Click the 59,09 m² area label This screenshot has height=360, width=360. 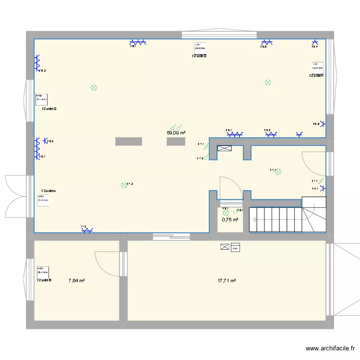(x=176, y=133)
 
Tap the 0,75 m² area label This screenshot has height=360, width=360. (x=230, y=220)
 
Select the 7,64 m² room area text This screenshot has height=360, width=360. (x=76, y=281)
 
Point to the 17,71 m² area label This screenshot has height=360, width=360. (x=226, y=281)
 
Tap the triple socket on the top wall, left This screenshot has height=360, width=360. (x=139, y=42)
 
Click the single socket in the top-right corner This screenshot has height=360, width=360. (x=315, y=42)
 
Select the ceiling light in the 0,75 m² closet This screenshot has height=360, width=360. (x=225, y=212)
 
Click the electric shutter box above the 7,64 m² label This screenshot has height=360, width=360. (x=43, y=271)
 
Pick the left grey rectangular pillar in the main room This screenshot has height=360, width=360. (x=129, y=141)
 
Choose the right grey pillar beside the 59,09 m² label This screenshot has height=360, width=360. (x=176, y=141)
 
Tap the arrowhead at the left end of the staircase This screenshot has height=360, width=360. (x=252, y=219)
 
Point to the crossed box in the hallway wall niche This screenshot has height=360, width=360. (x=225, y=149)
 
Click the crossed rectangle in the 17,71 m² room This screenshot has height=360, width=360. (x=225, y=247)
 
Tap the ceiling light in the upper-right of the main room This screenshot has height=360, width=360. (x=268, y=83)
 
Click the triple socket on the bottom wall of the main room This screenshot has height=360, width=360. (x=87, y=230)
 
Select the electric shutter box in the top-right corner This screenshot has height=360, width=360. (x=317, y=66)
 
